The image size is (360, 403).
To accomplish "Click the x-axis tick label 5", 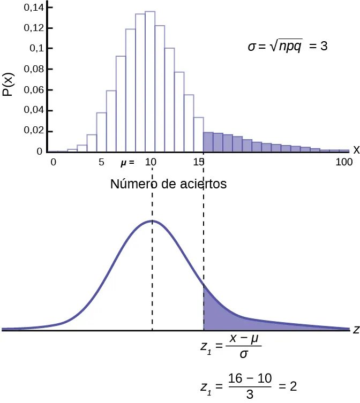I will tap(102, 162).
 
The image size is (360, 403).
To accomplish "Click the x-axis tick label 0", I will tap(52, 162).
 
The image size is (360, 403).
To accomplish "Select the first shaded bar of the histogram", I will tap(208, 142).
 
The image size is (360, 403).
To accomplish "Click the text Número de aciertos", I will tap(168, 184).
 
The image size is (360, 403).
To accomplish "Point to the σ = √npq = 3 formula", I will tap(287, 47).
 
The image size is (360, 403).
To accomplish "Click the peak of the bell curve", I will tap(152, 220).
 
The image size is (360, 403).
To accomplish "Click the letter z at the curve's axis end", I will tap(355, 330).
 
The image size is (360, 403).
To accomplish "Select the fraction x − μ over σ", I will tap(243, 346).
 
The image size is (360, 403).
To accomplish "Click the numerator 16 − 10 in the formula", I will tap(250, 379).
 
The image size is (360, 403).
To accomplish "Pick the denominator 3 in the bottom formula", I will tap(250, 394).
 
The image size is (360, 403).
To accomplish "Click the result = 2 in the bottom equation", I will tap(288, 386).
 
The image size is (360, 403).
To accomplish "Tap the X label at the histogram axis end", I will tap(355, 150).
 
